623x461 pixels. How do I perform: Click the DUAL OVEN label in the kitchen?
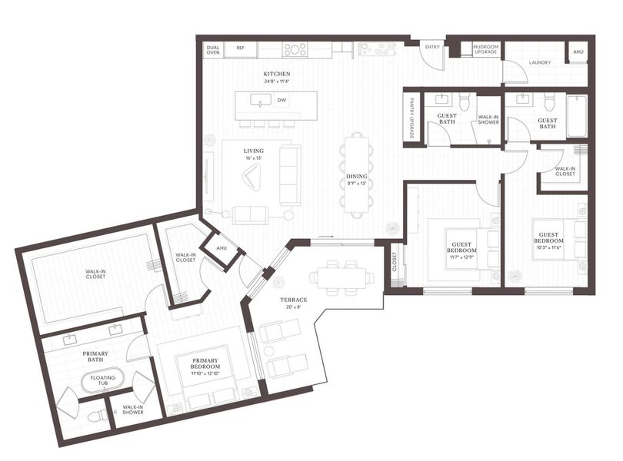[213, 50]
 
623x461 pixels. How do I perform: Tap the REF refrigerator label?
[241, 48]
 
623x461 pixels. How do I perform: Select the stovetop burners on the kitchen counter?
[295, 50]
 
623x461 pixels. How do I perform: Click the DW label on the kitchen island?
[282, 101]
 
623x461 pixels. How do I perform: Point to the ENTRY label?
[432, 48]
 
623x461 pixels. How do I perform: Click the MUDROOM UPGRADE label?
[485, 50]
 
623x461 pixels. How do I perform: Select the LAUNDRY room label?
[539, 62]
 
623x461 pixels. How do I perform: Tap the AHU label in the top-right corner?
[578, 51]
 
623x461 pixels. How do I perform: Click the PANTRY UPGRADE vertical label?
[412, 118]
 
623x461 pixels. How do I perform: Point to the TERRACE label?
[294, 300]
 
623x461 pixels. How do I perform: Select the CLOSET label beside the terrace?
[393, 264]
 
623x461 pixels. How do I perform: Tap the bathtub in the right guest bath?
[576, 115]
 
